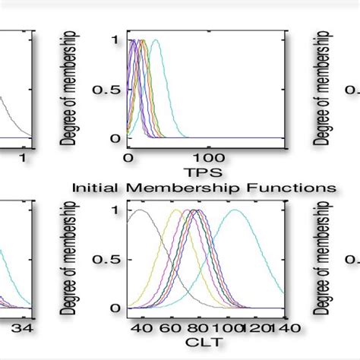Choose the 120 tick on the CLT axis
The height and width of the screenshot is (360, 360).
[258, 327]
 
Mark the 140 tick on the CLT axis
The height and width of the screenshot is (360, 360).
[286, 327]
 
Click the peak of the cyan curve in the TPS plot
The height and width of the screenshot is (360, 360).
[156, 40]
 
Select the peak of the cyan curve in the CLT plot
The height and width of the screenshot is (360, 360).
[235, 210]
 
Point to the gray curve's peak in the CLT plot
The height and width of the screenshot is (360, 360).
[139, 210]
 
